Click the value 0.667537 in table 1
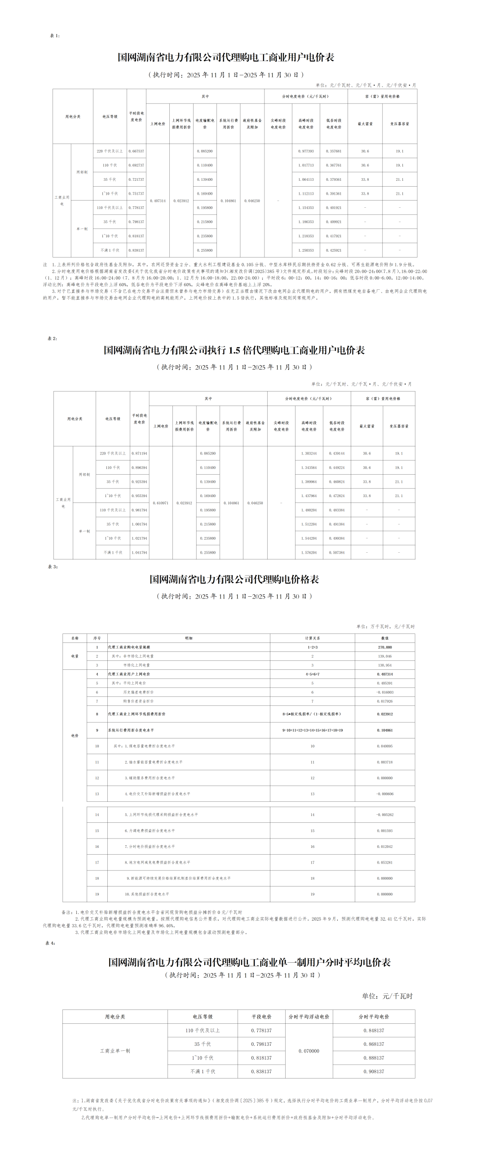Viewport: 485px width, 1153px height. [136, 151]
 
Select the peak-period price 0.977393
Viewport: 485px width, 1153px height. [306, 151]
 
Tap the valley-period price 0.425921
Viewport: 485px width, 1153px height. [334, 250]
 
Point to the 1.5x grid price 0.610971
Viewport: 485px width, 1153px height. [161, 503]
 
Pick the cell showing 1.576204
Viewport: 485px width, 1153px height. [309, 553]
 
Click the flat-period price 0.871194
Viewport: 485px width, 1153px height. [139, 454]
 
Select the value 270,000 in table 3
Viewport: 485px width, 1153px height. [385, 647]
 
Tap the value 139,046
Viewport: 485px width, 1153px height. [385, 656]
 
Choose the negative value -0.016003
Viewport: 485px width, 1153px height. [385, 692]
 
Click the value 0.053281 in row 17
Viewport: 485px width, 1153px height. [385, 862]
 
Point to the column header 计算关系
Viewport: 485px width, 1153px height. [313, 638]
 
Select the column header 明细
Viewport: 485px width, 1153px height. [189, 638]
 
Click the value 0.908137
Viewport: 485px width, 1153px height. [374, 1071]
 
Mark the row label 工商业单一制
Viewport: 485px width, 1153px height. [115, 1051]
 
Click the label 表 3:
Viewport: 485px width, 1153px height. [53, 567]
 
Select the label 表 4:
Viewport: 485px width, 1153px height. [50, 943]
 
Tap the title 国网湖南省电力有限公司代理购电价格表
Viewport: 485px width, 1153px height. [234, 579]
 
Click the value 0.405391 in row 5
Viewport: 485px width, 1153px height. [385, 683]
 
